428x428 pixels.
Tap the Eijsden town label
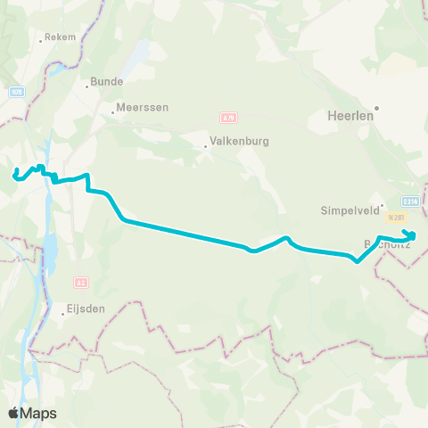[86, 310]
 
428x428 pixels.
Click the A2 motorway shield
[81, 283]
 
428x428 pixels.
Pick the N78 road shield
[17, 91]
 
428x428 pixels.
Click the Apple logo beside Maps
[13, 413]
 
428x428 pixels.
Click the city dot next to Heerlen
[377, 110]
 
